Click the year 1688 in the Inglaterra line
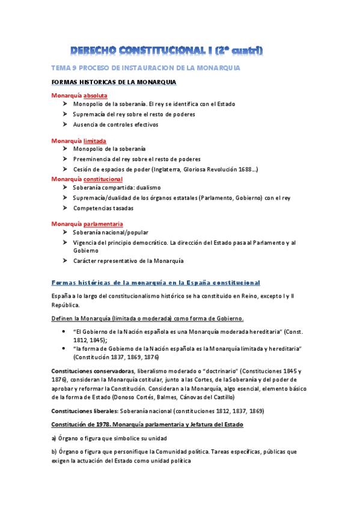coord(243,170)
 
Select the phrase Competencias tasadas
coord(103,208)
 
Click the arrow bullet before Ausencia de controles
coord(64,124)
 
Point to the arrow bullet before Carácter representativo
coord(64,260)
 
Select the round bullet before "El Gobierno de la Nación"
coord(64,331)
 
